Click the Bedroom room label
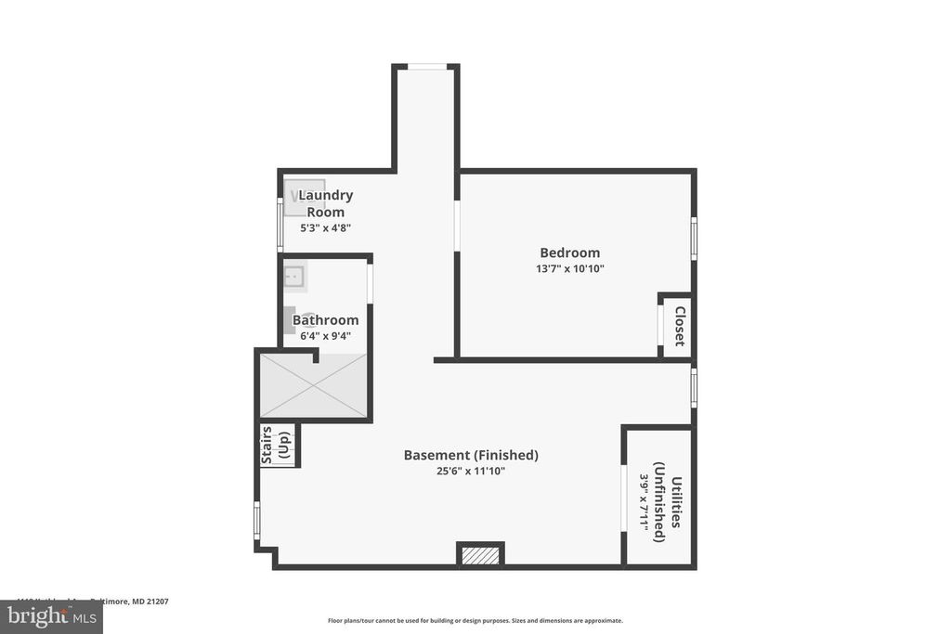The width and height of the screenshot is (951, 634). pos(569,252)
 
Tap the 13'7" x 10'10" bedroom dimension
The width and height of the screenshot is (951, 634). pos(569,269)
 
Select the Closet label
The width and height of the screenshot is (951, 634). pos(680,326)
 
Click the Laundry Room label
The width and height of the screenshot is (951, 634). pos(325,203)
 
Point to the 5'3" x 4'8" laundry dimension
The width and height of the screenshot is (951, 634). pos(325,227)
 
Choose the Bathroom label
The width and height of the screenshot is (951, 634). pos(325,320)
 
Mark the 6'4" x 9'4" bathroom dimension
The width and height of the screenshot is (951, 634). pos(325,336)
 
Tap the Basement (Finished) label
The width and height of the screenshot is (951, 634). pos(471,455)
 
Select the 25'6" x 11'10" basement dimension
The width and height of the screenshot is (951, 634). pos(471,471)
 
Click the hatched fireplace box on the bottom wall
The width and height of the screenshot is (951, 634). pos(480,554)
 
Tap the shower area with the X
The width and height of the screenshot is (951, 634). pos(313,386)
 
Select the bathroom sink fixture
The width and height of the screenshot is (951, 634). pos(294,275)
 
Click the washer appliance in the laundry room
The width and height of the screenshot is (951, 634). pos(304,197)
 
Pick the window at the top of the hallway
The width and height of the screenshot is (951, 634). pos(426,67)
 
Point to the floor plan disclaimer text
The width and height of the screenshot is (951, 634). pos(475,621)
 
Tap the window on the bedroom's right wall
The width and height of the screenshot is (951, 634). pos(693,238)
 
